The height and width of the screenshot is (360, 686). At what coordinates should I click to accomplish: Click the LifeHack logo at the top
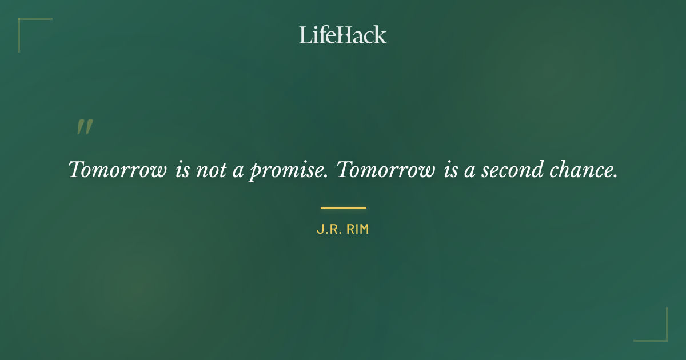point(343,35)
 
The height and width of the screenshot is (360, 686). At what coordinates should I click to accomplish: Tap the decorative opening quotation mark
point(85,127)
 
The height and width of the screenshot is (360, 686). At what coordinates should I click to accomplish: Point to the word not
point(211,170)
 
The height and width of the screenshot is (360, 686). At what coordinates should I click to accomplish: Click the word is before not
point(182,170)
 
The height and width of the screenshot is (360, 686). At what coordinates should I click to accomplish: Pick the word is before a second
point(450,170)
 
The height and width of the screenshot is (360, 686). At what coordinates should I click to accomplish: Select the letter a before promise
point(238,171)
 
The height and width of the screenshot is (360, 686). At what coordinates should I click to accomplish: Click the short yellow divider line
point(343,207)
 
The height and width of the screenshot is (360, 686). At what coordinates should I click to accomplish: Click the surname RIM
point(357,230)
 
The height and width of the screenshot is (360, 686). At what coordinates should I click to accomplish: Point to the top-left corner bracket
point(23,23)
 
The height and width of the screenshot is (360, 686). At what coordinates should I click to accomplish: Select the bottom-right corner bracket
point(663,337)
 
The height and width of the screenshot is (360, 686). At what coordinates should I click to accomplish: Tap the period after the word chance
point(615,176)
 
